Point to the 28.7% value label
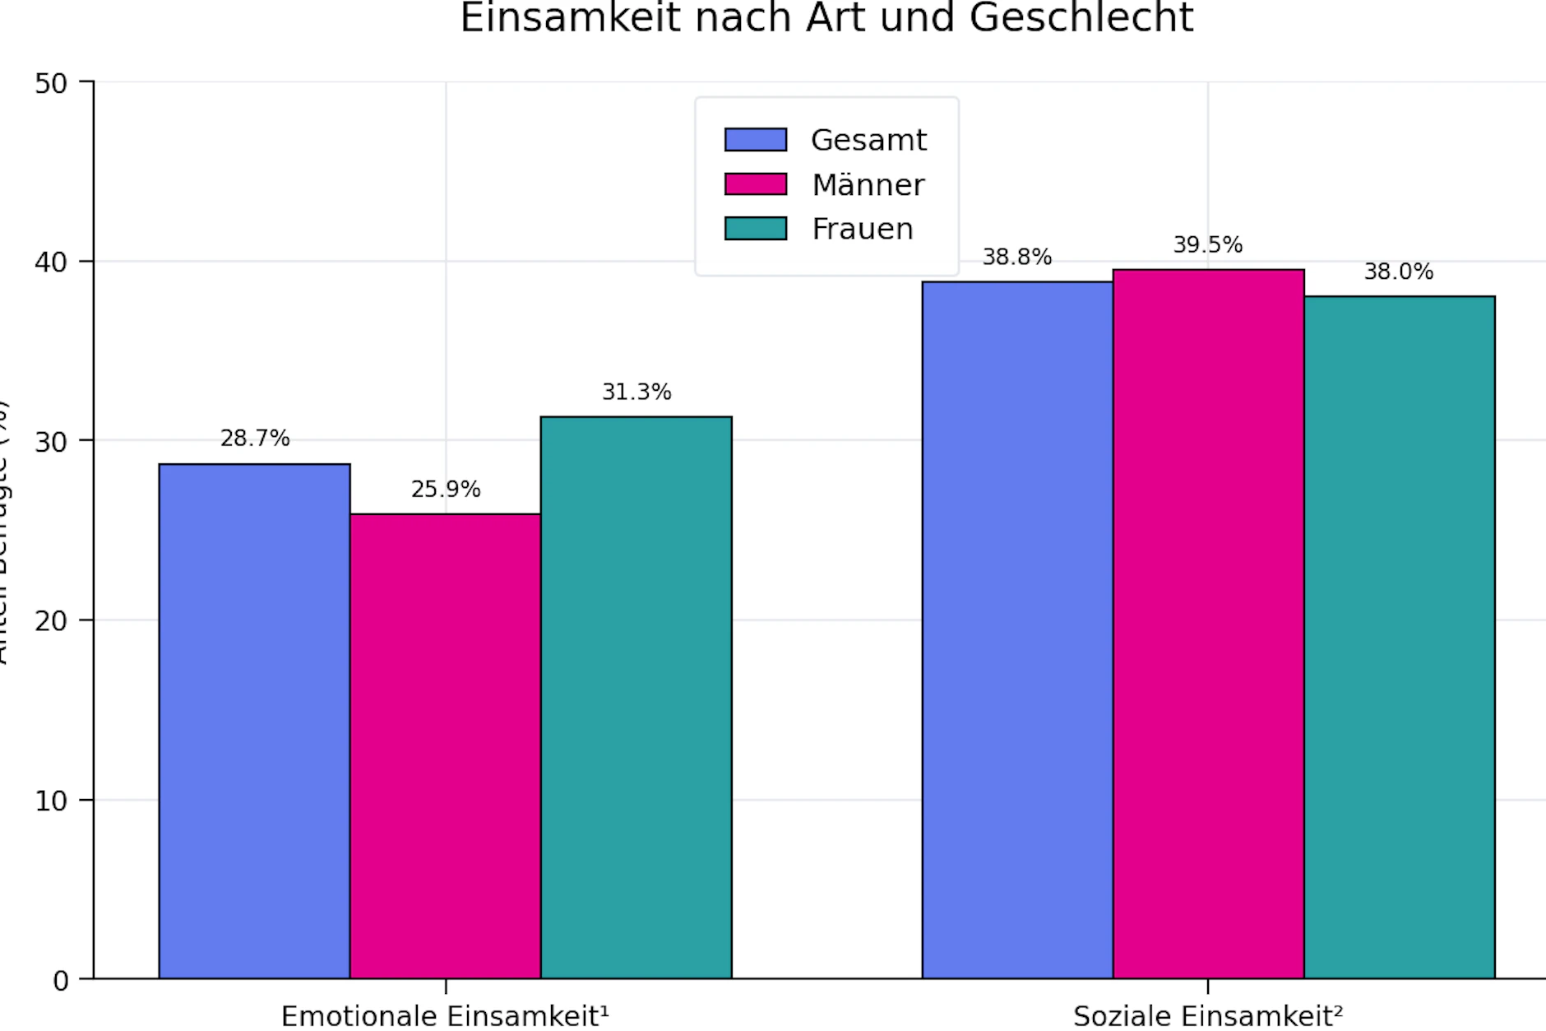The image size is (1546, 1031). click(x=255, y=439)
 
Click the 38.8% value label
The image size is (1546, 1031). click(x=1017, y=258)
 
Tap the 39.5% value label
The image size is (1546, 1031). click(x=1207, y=245)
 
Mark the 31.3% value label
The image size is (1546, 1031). click(x=636, y=392)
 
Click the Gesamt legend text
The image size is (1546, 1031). click(x=868, y=141)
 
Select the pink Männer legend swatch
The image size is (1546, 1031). click(x=755, y=184)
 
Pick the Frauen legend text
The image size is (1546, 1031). click(x=863, y=229)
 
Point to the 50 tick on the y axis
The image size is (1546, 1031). click(x=51, y=83)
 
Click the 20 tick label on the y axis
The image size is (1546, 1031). click(x=51, y=621)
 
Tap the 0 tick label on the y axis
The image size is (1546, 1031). click(x=60, y=981)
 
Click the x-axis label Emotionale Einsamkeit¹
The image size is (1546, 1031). click(x=445, y=1016)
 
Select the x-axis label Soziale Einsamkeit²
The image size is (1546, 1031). click(x=1207, y=1016)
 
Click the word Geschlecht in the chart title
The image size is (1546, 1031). click(x=1081, y=18)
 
